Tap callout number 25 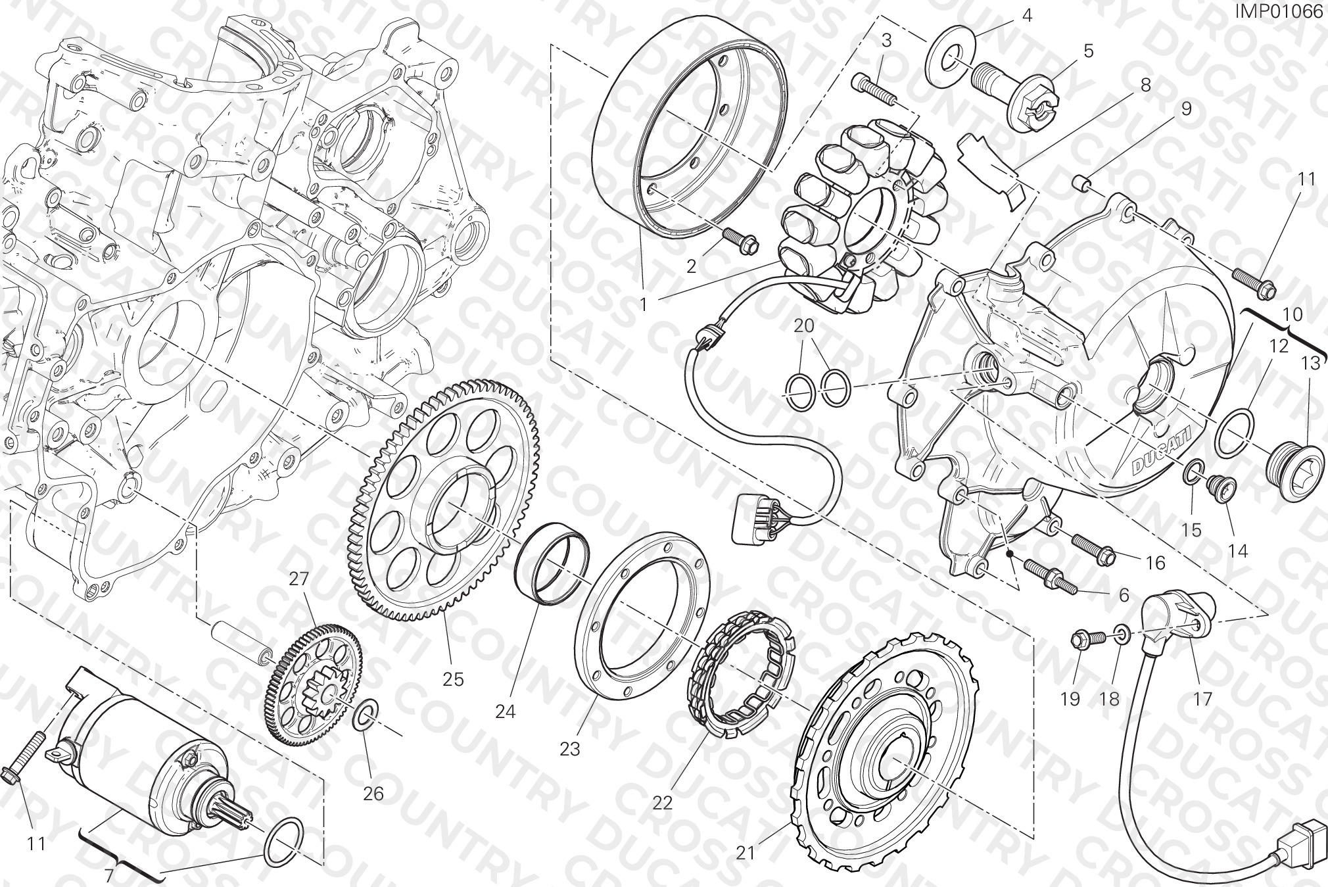coord(453,679)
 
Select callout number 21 coord(745,853)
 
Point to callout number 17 coord(1202,699)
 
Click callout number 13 coord(1311,364)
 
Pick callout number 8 coord(1145,85)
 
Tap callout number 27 coord(298,579)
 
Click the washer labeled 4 coord(950,57)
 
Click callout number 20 coord(803,325)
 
